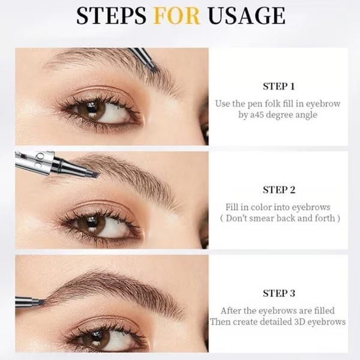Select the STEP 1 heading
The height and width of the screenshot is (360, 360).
[x=279, y=86]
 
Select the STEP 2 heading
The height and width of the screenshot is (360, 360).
[x=279, y=190]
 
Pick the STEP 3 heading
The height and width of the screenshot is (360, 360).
[x=279, y=293]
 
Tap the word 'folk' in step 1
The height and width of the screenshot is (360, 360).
[x=270, y=103]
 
